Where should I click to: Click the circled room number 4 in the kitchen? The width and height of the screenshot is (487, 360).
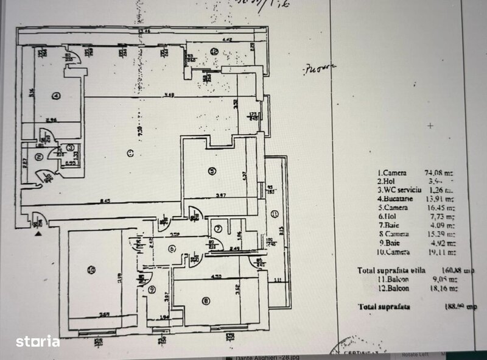[x=55, y=95]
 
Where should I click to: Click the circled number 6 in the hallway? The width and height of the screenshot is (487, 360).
[x=172, y=249]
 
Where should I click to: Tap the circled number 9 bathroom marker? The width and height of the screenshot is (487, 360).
[x=151, y=289]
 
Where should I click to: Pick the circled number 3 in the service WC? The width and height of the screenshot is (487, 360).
[x=70, y=147]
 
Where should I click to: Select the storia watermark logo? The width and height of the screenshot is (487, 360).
[x=37, y=341]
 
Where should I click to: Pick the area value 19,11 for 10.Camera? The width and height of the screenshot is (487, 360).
[x=443, y=250]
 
